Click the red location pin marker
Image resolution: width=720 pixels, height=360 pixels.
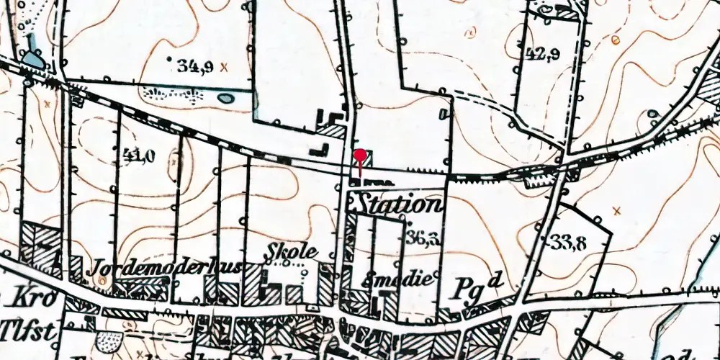[x=360, y=157]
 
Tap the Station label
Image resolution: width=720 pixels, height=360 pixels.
[x=397, y=204]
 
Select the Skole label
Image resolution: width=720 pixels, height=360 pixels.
[x=292, y=253]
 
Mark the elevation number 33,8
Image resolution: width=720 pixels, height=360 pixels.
[x=569, y=243]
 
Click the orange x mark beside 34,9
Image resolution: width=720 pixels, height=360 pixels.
[x=224, y=68]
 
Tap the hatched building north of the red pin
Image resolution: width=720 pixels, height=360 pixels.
[x=333, y=130]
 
